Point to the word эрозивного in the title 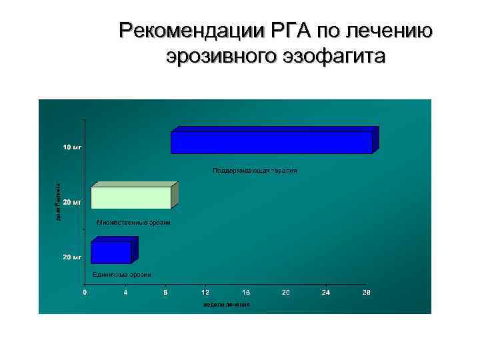[219, 57]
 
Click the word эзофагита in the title [331, 57]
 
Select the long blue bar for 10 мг [271, 142]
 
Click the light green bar [131, 197]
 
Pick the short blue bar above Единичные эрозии [111, 252]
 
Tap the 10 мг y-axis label [72, 146]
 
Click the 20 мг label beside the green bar [72, 201]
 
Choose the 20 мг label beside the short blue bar [72, 257]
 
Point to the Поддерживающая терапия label [255, 171]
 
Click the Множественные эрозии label [133, 222]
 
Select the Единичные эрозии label [122, 275]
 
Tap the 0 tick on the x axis [84, 293]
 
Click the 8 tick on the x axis [165, 293]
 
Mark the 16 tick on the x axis [245, 293]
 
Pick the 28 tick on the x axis [366, 293]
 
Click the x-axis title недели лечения [226, 305]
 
